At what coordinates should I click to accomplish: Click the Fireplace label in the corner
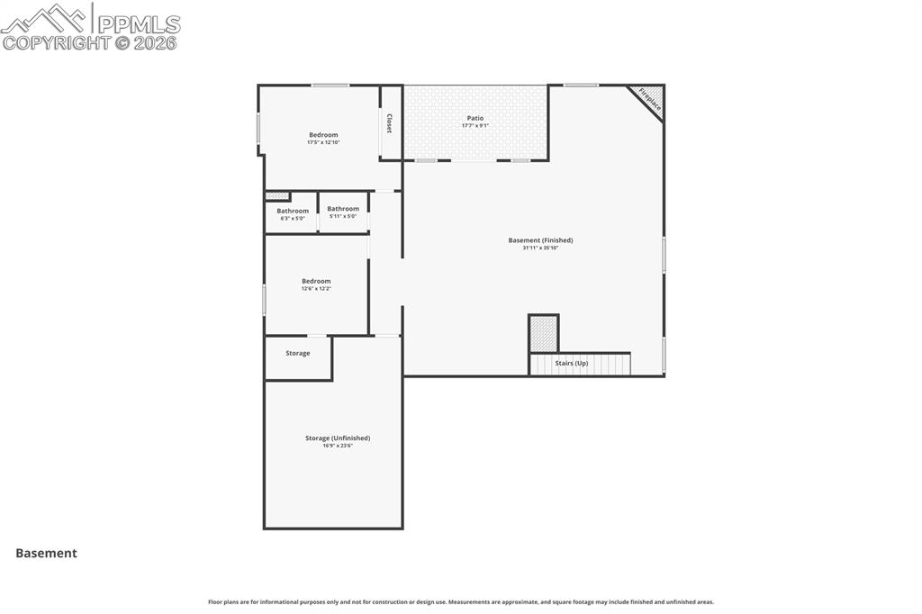click(650, 99)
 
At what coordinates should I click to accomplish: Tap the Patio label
click(475, 118)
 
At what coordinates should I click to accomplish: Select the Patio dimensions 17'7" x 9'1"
click(475, 125)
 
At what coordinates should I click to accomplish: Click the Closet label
click(389, 123)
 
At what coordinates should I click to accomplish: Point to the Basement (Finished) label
click(540, 240)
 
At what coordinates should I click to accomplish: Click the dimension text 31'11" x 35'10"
click(540, 248)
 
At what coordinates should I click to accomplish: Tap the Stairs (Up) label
click(571, 363)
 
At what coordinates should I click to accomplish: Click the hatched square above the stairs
click(543, 333)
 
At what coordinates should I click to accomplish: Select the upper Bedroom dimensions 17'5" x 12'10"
click(323, 142)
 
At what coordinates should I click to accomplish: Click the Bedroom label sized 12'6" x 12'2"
click(316, 281)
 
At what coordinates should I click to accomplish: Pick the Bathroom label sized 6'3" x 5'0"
click(293, 211)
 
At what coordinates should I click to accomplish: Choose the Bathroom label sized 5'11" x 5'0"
click(343, 209)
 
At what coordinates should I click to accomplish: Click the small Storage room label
click(298, 353)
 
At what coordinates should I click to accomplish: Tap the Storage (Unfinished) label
click(338, 438)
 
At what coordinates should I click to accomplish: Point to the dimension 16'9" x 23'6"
click(338, 446)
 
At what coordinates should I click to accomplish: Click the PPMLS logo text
click(139, 23)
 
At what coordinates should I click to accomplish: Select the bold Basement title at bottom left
click(46, 554)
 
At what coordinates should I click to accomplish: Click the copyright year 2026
click(156, 42)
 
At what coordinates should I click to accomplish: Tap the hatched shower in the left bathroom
click(277, 196)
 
